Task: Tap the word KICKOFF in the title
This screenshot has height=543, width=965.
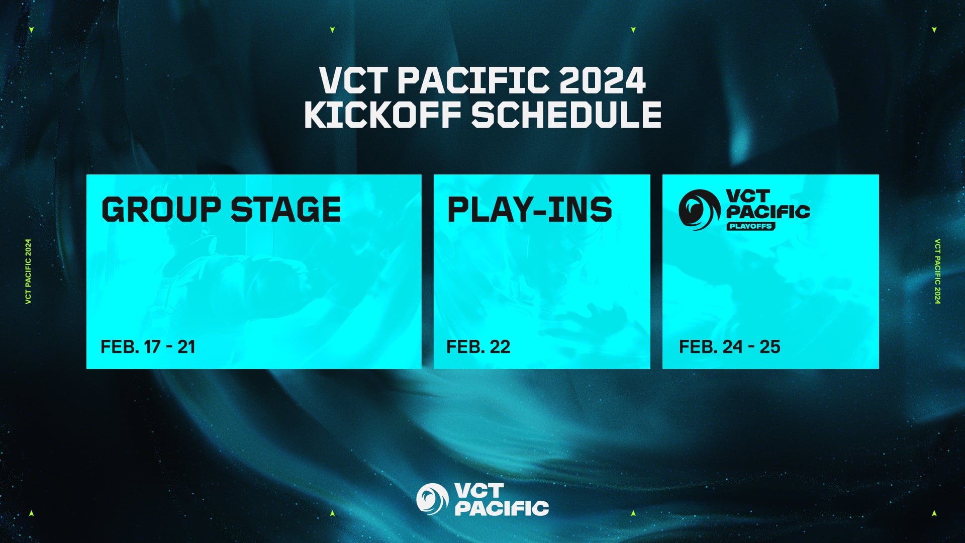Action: tap(382, 115)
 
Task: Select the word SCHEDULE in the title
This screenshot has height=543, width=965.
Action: tap(566, 115)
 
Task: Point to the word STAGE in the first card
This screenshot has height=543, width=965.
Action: tap(285, 210)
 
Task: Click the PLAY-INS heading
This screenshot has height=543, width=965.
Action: tap(529, 210)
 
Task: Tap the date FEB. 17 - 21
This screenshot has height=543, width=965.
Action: tap(148, 347)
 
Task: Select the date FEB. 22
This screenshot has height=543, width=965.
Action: tap(478, 347)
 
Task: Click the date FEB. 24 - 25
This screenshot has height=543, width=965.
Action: tap(729, 347)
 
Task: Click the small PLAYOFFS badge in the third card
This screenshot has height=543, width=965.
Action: tap(750, 226)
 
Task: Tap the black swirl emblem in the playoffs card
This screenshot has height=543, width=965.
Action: tap(699, 210)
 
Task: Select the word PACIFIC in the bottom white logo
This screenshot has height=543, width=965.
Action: tap(502, 508)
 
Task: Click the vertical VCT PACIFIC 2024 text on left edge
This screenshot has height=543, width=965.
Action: tap(29, 271)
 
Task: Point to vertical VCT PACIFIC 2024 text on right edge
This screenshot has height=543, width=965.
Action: tap(937, 271)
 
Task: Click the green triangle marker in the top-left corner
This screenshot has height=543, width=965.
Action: tap(31, 30)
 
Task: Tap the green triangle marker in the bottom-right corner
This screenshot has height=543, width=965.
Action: tap(934, 513)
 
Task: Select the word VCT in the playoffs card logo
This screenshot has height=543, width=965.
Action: tap(748, 196)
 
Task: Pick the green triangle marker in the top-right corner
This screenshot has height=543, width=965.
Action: tap(934, 30)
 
